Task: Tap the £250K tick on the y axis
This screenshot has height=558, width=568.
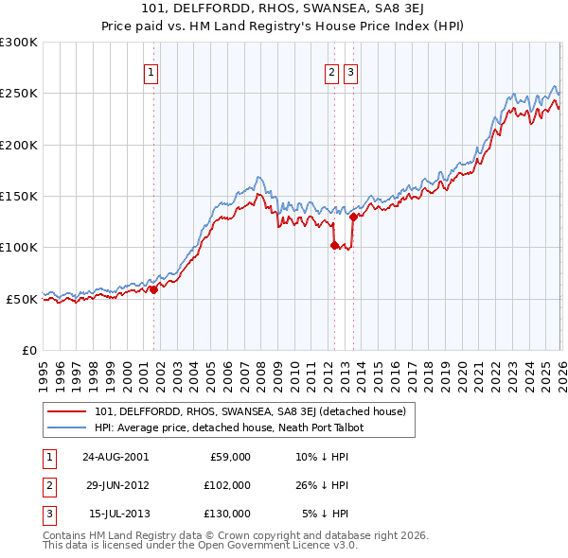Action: click(x=19, y=94)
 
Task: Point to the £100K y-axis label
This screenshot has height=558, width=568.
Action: click(x=19, y=247)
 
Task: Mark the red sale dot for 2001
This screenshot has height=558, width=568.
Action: click(x=154, y=289)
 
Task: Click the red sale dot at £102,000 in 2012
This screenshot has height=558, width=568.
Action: click(x=334, y=246)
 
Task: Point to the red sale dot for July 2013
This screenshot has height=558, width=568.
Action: click(x=352, y=217)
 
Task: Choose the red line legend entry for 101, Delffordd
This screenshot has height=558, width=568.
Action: click(x=250, y=411)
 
